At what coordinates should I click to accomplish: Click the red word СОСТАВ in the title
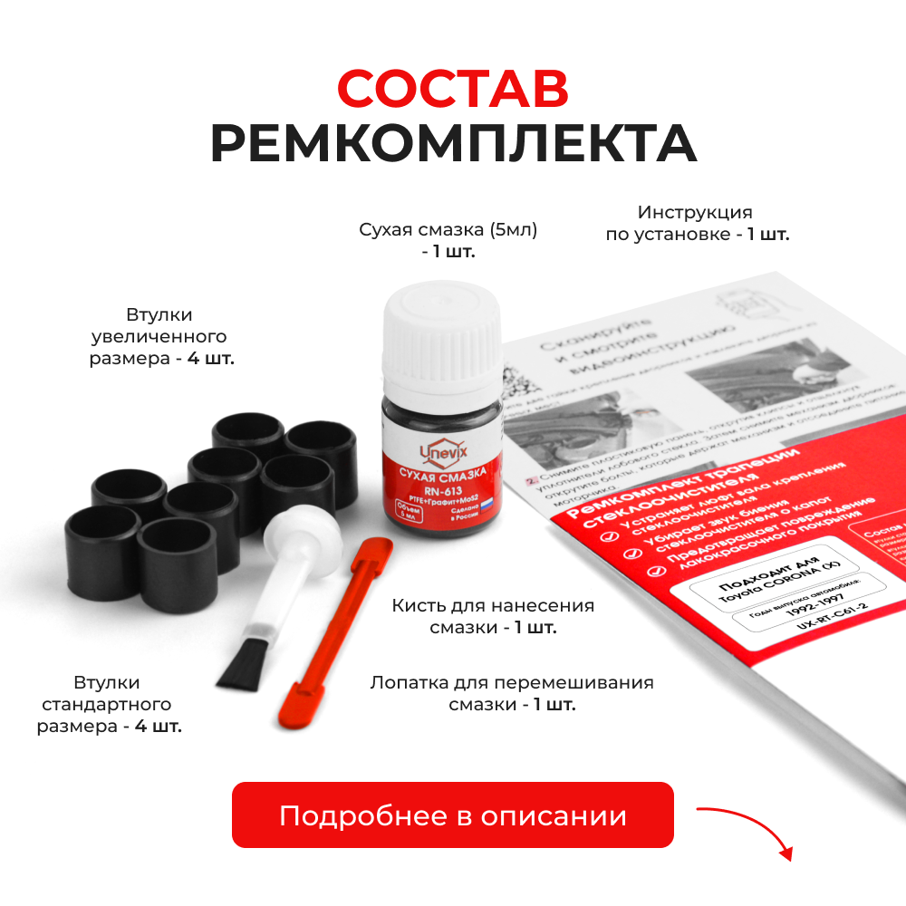coord(453,89)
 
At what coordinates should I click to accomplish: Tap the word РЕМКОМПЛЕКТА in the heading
coord(453,143)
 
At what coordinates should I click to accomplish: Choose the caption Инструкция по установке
coord(696,223)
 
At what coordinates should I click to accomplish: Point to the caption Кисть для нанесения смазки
coord(493,616)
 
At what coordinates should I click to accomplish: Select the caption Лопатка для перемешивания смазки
coord(512,693)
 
